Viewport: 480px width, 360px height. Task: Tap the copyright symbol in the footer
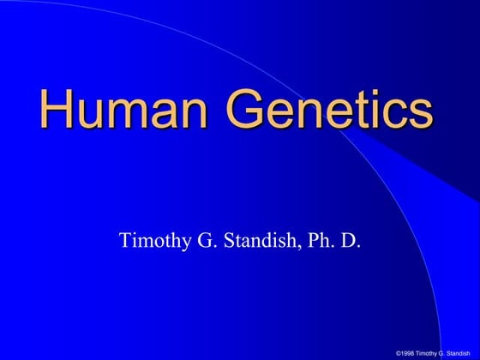(x=399, y=353)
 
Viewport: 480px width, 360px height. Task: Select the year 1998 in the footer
(x=409, y=353)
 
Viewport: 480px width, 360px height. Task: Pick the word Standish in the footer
(x=460, y=353)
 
